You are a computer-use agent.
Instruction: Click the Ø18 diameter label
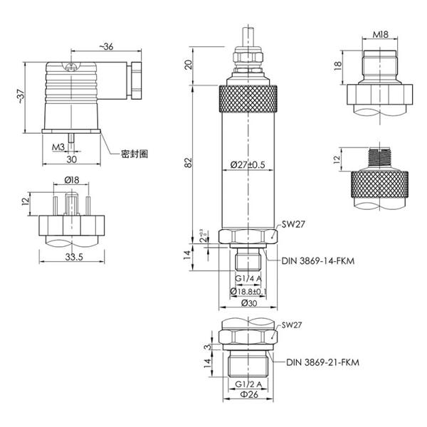[71, 181]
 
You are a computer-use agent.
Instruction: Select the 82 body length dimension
[189, 162]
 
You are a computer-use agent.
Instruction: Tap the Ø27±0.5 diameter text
[248, 165]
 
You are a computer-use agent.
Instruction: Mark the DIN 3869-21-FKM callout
[322, 362]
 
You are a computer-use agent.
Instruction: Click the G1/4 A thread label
[248, 278]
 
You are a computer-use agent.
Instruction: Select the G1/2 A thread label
[248, 384]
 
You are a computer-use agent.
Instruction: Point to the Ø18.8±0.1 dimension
[248, 291]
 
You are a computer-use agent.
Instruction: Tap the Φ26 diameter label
[247, 397]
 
